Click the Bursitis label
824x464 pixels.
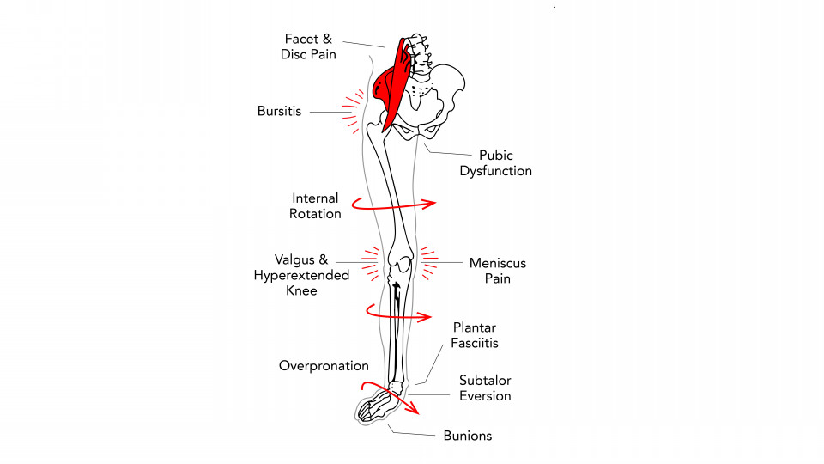pyautogui.click(x=279, y=111)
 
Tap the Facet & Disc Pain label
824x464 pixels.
pyautogui.click(x=308, y=46)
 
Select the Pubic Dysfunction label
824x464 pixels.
pyautogui.click(x=495, y=163)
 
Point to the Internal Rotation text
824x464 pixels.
pyautogui.click(x=315, y=205)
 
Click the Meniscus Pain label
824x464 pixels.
pyautogui.click(x=498, y=271)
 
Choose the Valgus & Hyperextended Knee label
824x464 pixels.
pyautogui.click(x=301, y=275)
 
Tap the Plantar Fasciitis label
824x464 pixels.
pyautogui.click(x=475, y=335)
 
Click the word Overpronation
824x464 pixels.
pyautogui.click(x=324, y=366)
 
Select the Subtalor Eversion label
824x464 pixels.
pyautogui.click(x=485, y=388)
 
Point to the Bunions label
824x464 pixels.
pyautogui.click(x=468, y=436)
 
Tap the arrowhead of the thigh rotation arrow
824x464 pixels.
pyautogui.click(x=429, y=204)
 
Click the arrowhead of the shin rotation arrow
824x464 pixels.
pyautogui.click(x=425, y=317)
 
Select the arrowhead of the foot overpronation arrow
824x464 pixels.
pyautogui.click(x=413, y=407)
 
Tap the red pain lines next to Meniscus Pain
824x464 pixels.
pyautogui.click(x=429, y=262)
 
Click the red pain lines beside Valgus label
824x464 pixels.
pyautogui.click(x=371, y=262)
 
